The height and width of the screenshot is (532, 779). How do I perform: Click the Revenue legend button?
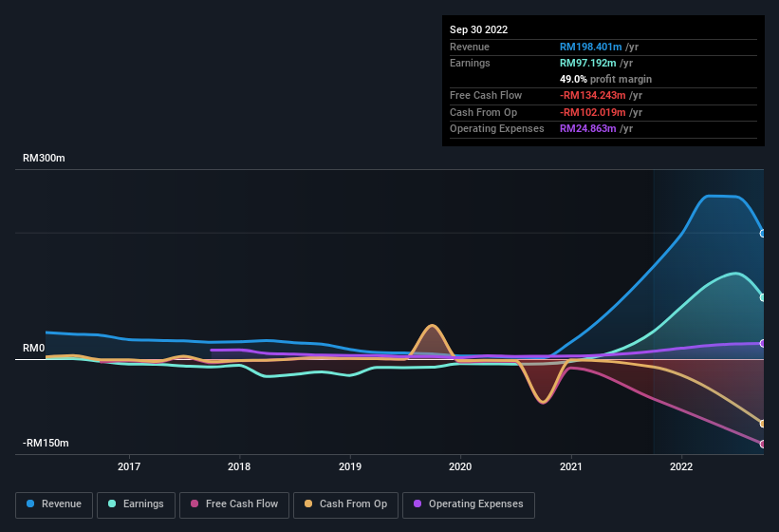click(x=54, y=503)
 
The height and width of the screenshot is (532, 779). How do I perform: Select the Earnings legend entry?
click(x=136, y=503)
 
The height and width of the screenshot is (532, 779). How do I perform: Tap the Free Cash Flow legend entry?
click(x=234, y=503)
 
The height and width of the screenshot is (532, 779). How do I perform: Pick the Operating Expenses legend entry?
click(x=469, y=503)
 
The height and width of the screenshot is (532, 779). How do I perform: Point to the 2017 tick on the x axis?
click(x=129, y=466)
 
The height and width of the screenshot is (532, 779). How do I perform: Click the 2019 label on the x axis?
click(x=350, y=466)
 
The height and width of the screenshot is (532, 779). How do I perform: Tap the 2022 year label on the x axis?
click(x=680, y=466)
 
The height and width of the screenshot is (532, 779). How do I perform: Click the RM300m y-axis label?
click(x=44, y=159)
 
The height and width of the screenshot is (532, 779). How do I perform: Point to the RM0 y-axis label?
click(x=33, y=349)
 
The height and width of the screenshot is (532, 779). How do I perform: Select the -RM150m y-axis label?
click(x=45, y=444)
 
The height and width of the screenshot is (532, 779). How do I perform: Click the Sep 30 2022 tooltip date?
click(x=478, y=29)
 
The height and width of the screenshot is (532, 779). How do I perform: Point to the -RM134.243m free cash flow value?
click(x=595, y=95)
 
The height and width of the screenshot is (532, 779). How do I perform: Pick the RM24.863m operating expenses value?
click(x=589, y=128)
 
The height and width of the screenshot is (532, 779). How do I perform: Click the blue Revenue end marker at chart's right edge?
click(x=763, y=233)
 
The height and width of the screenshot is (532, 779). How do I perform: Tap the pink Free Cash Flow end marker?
click(x=763, y=444)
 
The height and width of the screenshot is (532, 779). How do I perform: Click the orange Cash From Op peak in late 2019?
click(x=433, y=326)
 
